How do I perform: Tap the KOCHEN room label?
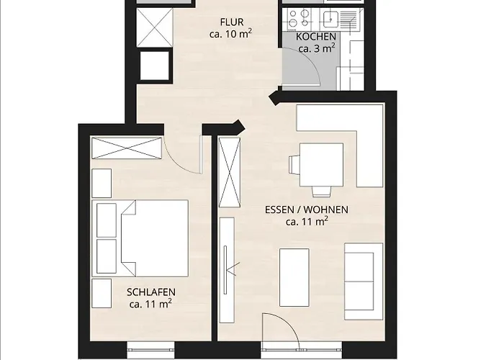(315, 37)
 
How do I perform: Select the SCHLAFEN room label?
(150, 293)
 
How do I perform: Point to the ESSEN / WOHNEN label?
(307, 210)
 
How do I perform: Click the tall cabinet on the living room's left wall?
(230, 173)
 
